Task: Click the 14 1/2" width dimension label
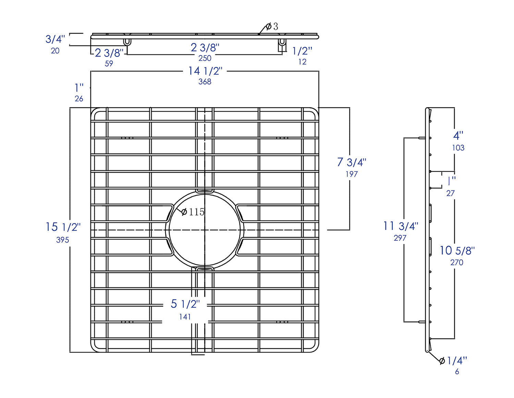[x=205, y=71]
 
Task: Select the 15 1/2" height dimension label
[x=63, y=227]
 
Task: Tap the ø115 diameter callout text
[x=193, y=212]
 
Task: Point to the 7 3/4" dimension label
[x=352, y=162]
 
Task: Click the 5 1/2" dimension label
[x=185, y=304]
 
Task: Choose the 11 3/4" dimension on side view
[x=401, y=226]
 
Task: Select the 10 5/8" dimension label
[x=457, y=250]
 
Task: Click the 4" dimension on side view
[x=458, y=136]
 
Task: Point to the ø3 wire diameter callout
[x=272, y=26]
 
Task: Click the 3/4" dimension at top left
[x=55, y=39]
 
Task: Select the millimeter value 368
[x=205, y=82]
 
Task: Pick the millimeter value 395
[x=63, y=240]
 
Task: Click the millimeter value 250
[x=205, y=58]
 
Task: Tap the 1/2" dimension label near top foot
[x=302, y=51]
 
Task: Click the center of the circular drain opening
[x=205, y=230]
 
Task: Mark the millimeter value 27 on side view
[x=450, y=193]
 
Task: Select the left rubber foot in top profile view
[x=127, y=42]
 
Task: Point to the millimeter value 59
[x=109, y=63]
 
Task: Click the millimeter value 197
[x=352, y=174]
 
